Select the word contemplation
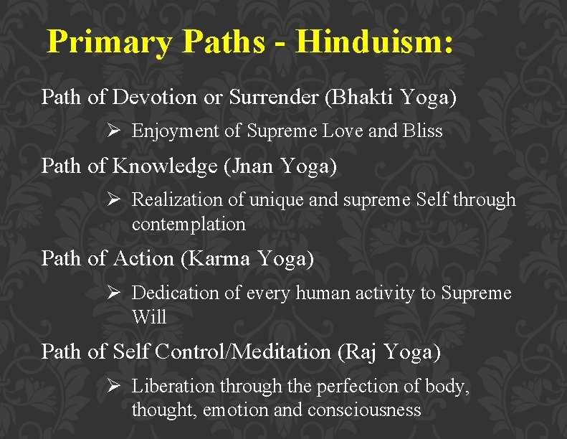coord(189,225)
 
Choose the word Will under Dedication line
coord(149,316)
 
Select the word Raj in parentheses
coord(360,352)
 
